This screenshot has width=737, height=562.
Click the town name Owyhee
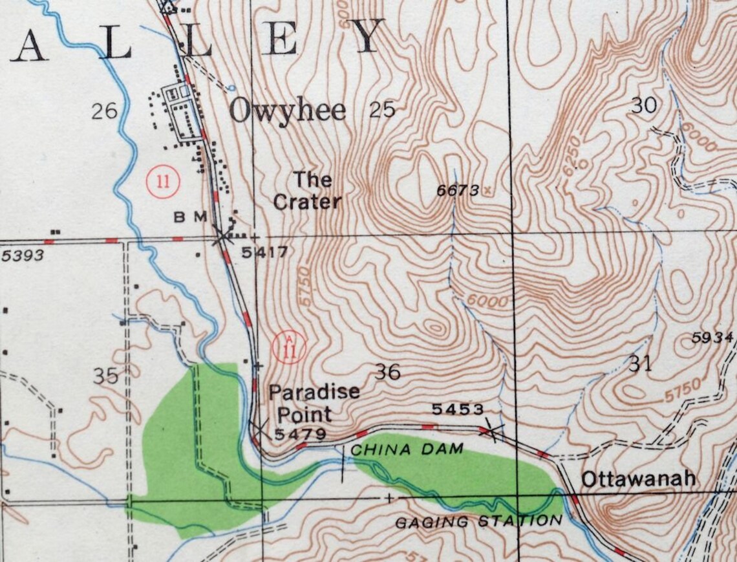coord(288,111)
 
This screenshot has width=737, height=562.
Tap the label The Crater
coord(306,191)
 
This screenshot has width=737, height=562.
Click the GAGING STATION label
coord(478,521)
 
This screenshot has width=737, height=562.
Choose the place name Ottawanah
coord(638,479)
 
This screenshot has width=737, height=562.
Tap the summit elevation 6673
coord(458,190)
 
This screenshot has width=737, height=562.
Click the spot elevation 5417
coord(264,252)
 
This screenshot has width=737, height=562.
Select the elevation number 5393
coord(23,255)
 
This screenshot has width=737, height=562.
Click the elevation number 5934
coord(712,338)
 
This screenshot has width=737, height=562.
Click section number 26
coord(104,111)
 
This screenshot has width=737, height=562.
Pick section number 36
coord(387,372)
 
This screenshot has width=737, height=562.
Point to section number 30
coord(643,105)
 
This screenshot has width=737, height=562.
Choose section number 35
coord(106,376)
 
